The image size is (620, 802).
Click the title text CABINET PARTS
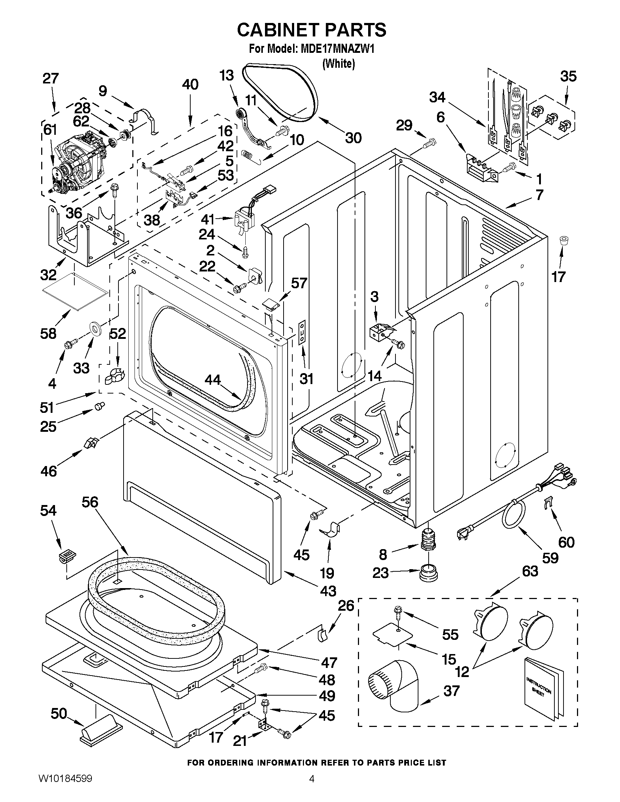coord(312,30)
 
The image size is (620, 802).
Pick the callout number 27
coord(51,78)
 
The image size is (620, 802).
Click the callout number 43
coord(328,591)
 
